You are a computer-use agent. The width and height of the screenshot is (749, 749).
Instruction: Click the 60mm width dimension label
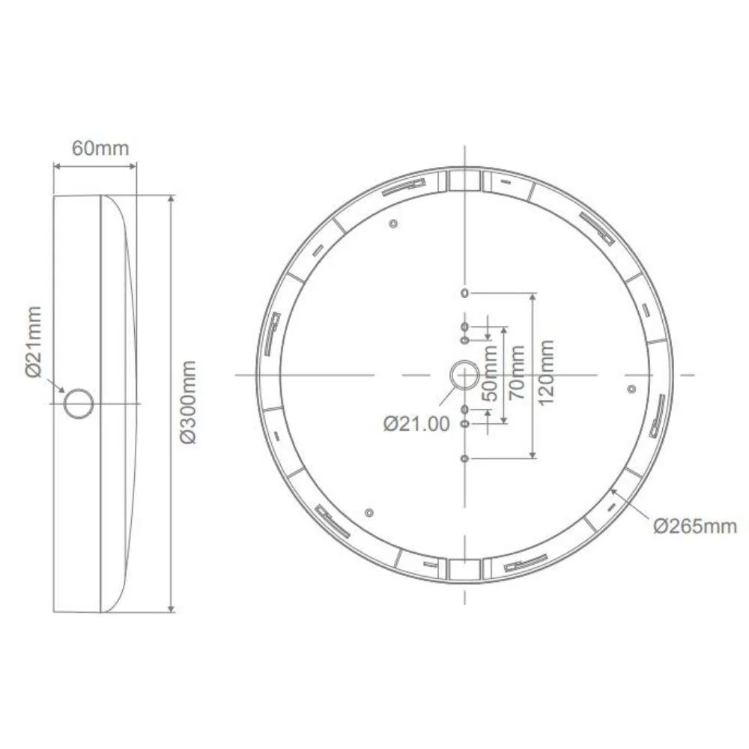point(100,148)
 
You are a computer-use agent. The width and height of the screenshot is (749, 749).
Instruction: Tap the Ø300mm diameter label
point(189,401)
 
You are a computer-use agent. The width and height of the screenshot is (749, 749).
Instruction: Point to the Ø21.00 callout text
point(416,424)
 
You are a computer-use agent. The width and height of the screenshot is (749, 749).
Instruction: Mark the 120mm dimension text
point(546,372)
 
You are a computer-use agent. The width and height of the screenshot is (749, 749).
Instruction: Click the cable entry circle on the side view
point(78,404)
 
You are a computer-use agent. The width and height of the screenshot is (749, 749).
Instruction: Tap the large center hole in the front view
point(465,374)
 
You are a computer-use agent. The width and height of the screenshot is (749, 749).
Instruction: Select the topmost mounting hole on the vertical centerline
point(465,292)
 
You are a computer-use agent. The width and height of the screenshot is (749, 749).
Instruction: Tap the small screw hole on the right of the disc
point(631,389)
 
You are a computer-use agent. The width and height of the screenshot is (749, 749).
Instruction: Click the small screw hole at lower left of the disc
point(368,512)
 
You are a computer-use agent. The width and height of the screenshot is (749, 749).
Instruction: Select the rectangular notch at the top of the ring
point(464,181)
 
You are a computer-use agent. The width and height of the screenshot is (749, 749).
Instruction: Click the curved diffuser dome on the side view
point(120,404)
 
